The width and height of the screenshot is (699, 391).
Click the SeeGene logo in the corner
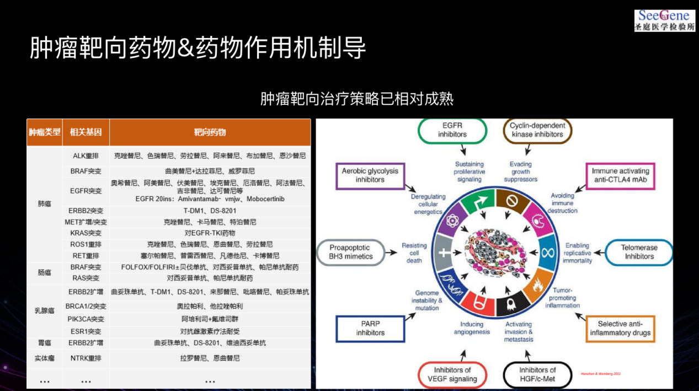[x=664, y=20]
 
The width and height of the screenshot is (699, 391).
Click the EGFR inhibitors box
[x=452, y=130]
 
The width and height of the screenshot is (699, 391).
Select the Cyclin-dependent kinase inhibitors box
[x=536, y=130]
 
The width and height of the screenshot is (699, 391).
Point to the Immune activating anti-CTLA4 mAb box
[x=620, y=175]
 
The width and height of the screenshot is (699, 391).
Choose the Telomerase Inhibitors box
[x=639, y=252]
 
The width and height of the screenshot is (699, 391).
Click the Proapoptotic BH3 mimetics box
[x=351, y=252]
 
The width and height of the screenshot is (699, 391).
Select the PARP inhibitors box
[x=370, y=328]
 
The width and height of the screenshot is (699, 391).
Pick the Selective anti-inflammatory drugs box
[x=620, y=328]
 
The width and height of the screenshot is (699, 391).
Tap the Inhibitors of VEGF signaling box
[x=452, y=374]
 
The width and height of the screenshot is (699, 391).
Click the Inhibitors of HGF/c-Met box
[x=537, y=374]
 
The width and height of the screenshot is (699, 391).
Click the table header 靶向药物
[x=210, y=132]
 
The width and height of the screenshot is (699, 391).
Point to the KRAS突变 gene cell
[x=86, y=233]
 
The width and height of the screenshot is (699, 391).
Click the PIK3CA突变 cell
[x=86, y=319]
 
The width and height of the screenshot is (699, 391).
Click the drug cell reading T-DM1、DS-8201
[x=210, y=211]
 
